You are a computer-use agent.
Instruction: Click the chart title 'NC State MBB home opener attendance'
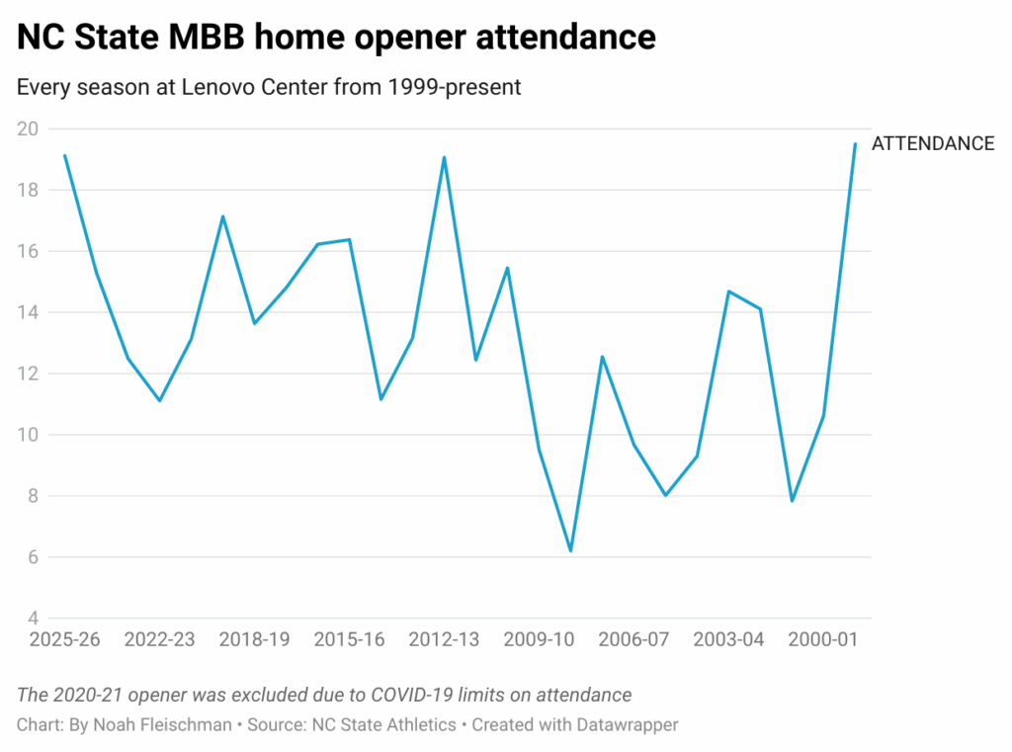tap(336, 37)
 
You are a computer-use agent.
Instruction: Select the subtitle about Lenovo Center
tap(269, 87)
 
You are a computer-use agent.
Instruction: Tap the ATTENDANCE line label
tap(932, 143)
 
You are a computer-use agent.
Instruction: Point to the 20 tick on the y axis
tap(27, 128)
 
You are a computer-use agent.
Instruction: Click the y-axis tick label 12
tap(27, 374)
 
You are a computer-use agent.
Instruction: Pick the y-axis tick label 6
tap(32, 557)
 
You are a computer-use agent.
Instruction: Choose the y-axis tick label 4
tap(32, 619)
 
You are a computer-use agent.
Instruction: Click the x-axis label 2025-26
tap(65, 639)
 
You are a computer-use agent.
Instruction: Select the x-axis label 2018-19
tap(254, 639)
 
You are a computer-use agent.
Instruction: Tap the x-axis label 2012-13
tap(444, 639)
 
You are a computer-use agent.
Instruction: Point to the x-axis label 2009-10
tap(539, 639)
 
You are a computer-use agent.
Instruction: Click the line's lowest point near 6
tap(570, 550)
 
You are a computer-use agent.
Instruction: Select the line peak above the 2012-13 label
tap(444, 157)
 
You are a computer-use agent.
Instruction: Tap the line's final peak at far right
tap(855, 144)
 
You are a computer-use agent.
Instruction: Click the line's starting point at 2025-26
tap(65, 155)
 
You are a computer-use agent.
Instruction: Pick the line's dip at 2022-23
tap(159, 400)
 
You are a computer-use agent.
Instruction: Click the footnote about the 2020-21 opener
tap(324, 695)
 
